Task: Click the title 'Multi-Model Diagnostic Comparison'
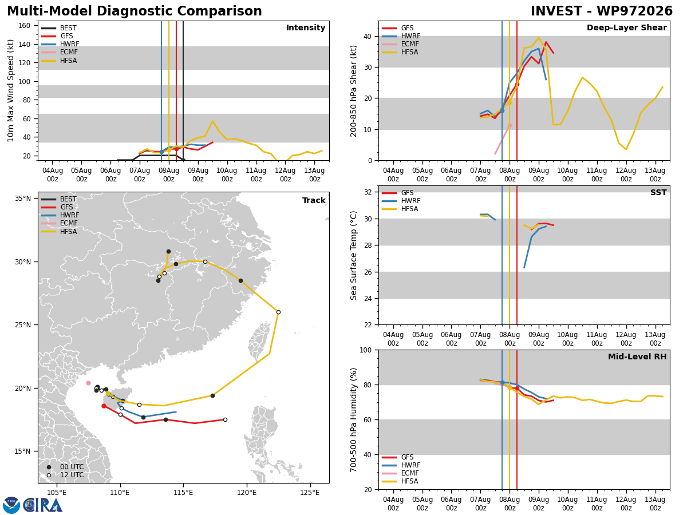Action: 135,11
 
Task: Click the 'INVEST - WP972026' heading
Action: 602,11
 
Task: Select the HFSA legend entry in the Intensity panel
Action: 59,60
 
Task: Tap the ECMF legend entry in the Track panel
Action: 59,223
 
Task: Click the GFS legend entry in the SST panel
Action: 397,193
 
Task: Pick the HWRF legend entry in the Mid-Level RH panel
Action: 401,465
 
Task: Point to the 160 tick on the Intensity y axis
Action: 24,26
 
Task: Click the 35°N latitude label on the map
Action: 22,198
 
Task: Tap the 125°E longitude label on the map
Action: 310,493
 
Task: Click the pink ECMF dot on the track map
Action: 89,383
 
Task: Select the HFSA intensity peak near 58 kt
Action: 212,121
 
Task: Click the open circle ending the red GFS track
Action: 225,419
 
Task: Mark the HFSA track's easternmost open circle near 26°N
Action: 279,312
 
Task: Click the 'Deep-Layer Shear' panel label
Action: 626,27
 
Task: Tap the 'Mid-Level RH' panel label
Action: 637,356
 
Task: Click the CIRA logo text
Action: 42,505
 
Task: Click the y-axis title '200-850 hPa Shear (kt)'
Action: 353,91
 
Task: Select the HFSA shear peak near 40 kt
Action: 539,38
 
